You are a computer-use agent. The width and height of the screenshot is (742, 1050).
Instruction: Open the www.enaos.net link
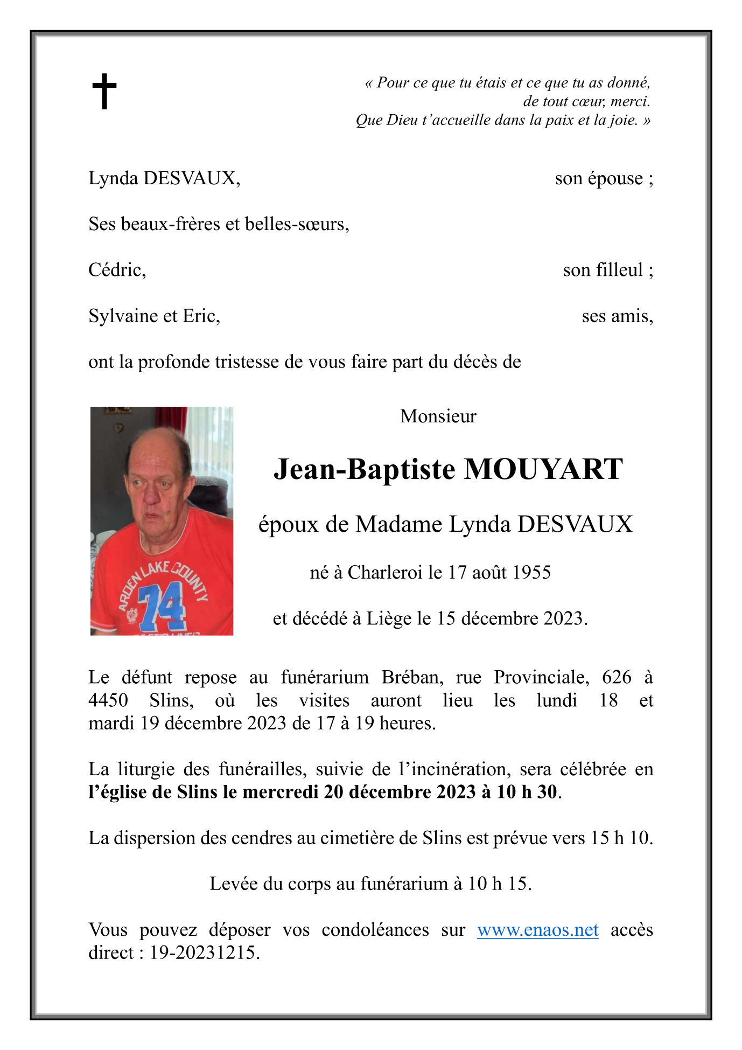click(537, 929)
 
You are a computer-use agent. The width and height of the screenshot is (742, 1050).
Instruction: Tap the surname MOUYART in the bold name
click(543, 469)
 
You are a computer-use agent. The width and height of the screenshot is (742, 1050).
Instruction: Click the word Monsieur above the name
click(438, 416)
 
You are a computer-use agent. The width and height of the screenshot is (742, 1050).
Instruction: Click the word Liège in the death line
click(390, 618)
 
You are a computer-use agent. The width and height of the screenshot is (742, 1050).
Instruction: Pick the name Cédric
click(117, 269)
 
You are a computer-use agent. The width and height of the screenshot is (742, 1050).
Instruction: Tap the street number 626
click(617, 677)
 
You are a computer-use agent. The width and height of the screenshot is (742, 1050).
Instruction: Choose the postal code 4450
click(108, 700)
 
